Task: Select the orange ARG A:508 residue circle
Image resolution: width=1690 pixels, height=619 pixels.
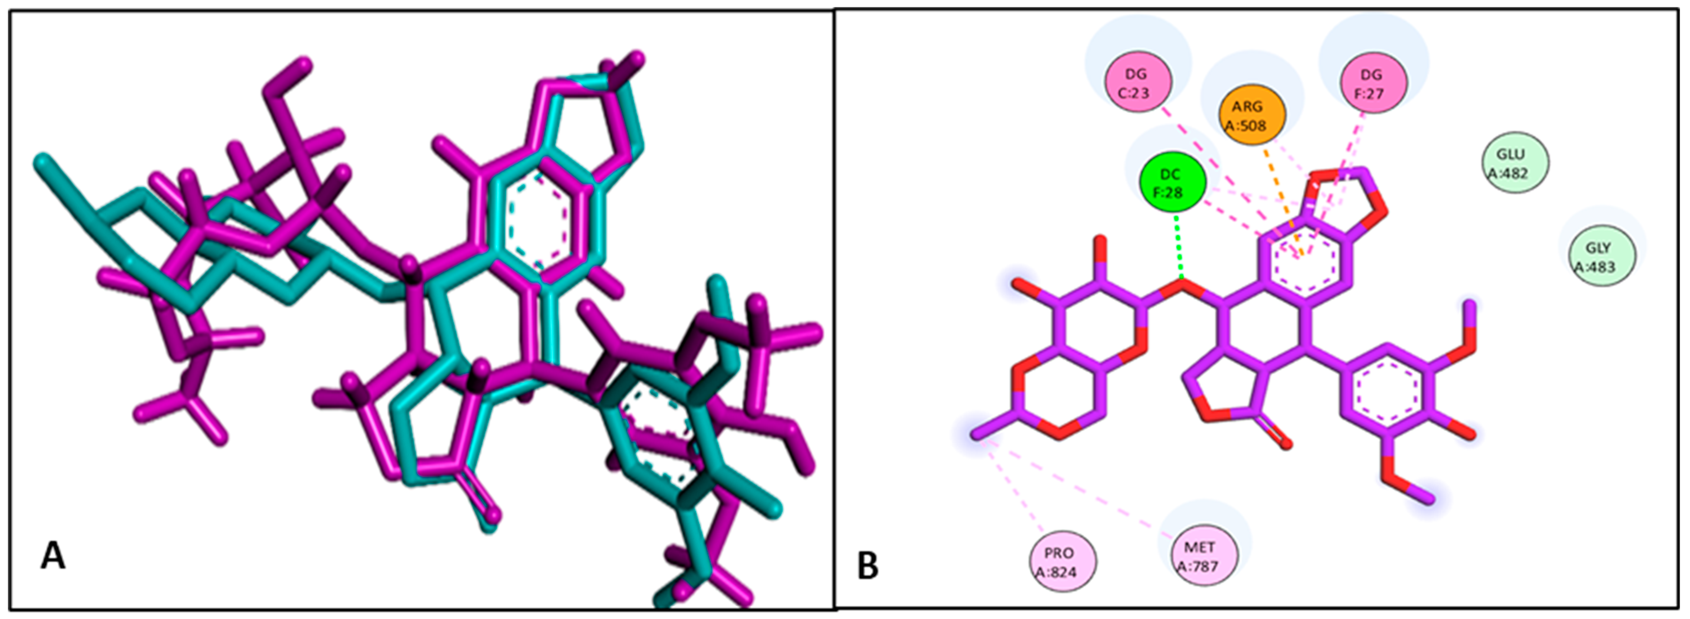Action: click(x=1252, y=115)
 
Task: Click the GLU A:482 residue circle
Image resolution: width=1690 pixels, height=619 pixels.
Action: click(x=1515, y=163)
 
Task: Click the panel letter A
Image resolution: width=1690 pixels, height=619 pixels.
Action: click(x=53, y=557)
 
